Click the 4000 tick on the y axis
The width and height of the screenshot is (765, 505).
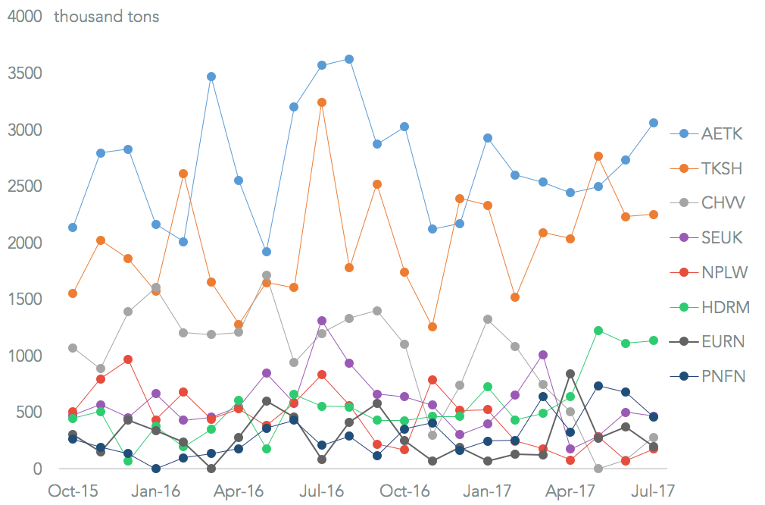pyautogui.click(x=24, y=17)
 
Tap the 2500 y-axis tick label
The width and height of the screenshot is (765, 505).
pyautogui.click(x=24, y=187)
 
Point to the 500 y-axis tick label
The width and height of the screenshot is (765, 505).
pyautogui.click(x=28, y=412)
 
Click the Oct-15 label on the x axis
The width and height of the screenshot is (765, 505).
pyautogui.click(x=73, y=491)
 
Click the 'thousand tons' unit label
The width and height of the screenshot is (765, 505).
pyautogui.click(x=106, y=17)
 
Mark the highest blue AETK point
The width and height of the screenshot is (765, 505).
pyautogui.click(x=349, y=59)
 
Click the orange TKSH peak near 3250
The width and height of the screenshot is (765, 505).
pyautogui.click(x=322, y=102)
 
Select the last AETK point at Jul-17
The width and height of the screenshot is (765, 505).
pyautogui.click(x=654, y=123)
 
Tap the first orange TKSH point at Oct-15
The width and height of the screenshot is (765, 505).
pyautogui.click(x=73, y=293)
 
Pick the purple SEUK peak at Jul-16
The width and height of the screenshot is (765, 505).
pyautogui.click(x=322, y=321)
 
